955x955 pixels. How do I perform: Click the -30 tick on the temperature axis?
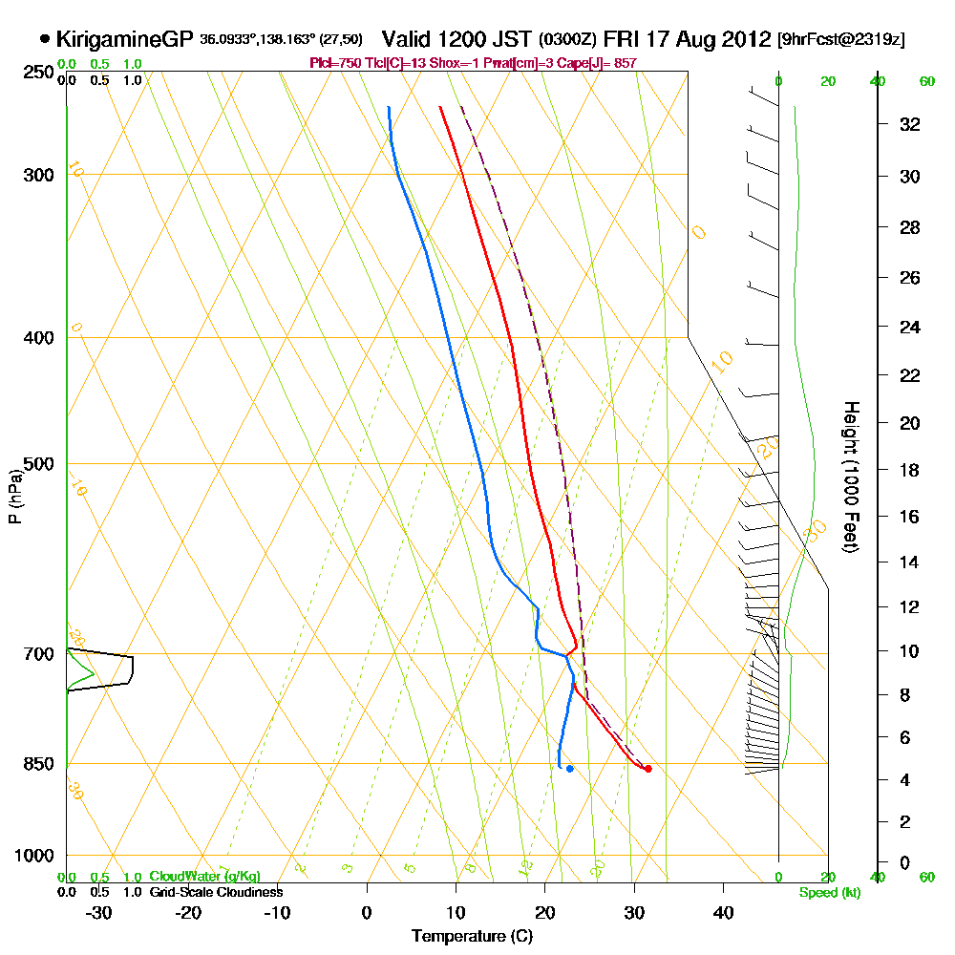pyautogui.click(x=99, y=912)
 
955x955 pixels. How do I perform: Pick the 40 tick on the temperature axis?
pyautogui.click(x=723, y=912)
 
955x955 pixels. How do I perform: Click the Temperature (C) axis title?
pyautogui.click(x=472, y=937)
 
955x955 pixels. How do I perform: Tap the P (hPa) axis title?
pyautogui.click(x=14, y=496)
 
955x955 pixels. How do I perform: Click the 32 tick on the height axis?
pyautogui.click(x=909, y=124)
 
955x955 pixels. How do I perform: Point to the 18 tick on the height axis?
pyautogui.click(x=909, y=470)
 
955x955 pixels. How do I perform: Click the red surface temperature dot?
pyautogui.click(x=648, y=769)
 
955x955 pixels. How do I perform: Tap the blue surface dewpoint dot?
pyautogui.click(x=569, y=769)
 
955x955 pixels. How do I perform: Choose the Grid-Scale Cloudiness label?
pyautogui.click(x=216, y=892)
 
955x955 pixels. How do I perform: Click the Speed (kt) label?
pyautogui.click(x=828, y=892)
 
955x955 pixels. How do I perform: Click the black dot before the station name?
pyautogui.click(x=45, y=39)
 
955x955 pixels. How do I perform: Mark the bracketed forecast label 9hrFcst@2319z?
pyautogui.click(x=841, y=40)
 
